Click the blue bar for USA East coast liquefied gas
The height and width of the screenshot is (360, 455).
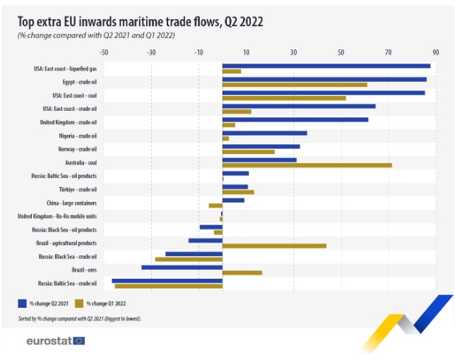point(326,66)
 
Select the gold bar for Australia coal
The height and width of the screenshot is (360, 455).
point(307,165)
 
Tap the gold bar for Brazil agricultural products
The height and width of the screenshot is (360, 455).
point(275,246)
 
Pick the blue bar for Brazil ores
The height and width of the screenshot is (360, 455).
point(182,268)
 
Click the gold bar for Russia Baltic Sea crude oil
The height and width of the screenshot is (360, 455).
point(169,286)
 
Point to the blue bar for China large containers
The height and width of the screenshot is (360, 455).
point(233,200)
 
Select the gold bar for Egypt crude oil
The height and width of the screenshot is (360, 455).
point(295,85)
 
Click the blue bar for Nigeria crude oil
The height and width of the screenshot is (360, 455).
point(265,133)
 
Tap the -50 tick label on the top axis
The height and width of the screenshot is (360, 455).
point(104,52)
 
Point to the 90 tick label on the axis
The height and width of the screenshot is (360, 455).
point(435,52)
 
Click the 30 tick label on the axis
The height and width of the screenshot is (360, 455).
point(293,52)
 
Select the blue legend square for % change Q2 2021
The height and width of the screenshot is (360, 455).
point(23,304)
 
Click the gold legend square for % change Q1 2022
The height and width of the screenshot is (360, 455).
point(79,304)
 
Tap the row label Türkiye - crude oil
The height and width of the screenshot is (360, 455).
point(78,190)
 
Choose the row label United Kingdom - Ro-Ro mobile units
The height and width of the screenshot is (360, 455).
point(57,216)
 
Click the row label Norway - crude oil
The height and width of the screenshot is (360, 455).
point(78,149)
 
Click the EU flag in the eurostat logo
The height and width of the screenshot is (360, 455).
point(79,341)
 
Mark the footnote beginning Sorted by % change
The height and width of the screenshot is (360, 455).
point(80,319)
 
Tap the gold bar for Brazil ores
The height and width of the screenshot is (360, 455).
point(242,272)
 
